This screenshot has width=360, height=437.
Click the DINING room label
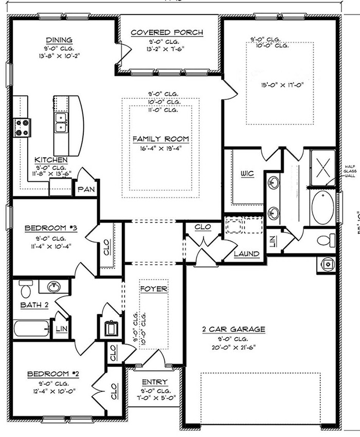pyautogui.click(x=59, y=40)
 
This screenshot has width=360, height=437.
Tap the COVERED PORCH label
pyautogui.click(x=167, y=32)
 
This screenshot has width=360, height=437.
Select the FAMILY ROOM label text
pyautogui.click(x=161, y=139)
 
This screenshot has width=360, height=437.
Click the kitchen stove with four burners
pyautogui.click(x=22, y=127)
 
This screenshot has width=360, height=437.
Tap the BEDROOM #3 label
pyautogui.click(x=51, y=227)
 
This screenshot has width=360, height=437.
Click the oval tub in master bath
pyautogui.click(x=322, y=207)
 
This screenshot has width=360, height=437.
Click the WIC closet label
pyautogui.click(x=247, y=174)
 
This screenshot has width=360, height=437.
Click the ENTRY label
pyautogui.click(x=154, y=381)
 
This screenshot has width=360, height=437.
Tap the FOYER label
pyautogui.click(x=154, y=289)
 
